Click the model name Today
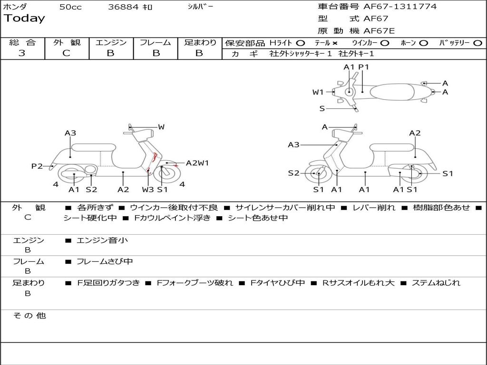click(x=24, y=19)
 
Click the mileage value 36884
click(x=123, y=7)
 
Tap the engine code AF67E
click(x=379, y=31)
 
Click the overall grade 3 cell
click(x=22, y=53)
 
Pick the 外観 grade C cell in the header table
click(x=67, y=53)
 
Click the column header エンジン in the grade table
click(x=111, y=43)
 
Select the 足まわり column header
click(x=200, y=43)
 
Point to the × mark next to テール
click(x=335, y=43)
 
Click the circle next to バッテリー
click(x=478, y=43)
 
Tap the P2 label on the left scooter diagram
click(x=37, y=166)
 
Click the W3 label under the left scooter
click(x=148, y=190)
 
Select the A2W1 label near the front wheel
click(x=197, y=163)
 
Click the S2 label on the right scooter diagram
click(x=294, y=173)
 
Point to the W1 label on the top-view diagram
click(x=318, y=92)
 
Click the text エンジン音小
click(x=102, y=240)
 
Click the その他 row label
click(x=29, y=316)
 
